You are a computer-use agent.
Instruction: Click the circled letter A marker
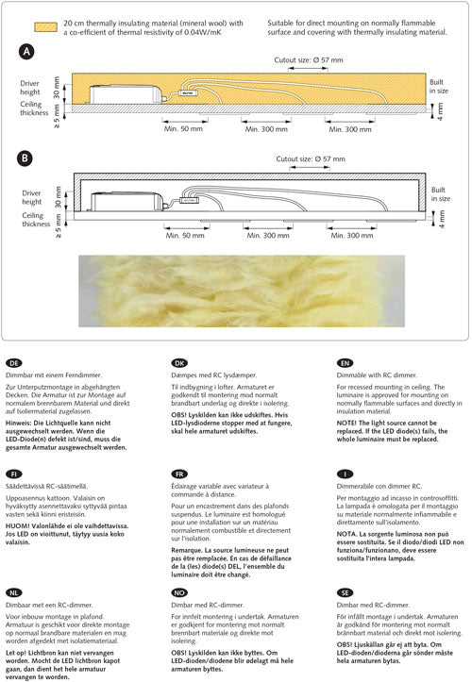[26, 52]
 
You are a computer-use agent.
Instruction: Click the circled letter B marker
[25, 158]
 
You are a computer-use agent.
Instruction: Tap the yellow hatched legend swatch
[45, 27]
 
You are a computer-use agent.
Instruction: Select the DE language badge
[14, 363]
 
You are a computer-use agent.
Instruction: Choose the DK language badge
[179, 363]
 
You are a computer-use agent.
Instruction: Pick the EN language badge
[345, 363]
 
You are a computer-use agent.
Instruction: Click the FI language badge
[14, 474]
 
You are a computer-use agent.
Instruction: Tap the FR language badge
[179, 474]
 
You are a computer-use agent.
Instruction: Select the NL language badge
[14, 592]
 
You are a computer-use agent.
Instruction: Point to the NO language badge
[179, 592]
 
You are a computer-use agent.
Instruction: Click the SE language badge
[345, 592]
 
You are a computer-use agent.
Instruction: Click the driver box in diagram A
[126, 94]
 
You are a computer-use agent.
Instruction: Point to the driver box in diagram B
[126, 201]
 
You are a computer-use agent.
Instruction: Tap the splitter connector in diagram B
[190, 200]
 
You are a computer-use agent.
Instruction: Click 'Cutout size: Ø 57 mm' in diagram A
[309, 60]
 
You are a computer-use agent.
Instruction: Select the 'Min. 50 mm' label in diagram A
[183, 128]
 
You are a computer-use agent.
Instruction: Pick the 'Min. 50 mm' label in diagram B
[185, 235]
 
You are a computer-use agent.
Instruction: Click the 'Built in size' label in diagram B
[440, 194]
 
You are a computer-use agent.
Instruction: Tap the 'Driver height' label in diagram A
[30, 88]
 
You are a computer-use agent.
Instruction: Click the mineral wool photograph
[242, 291]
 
